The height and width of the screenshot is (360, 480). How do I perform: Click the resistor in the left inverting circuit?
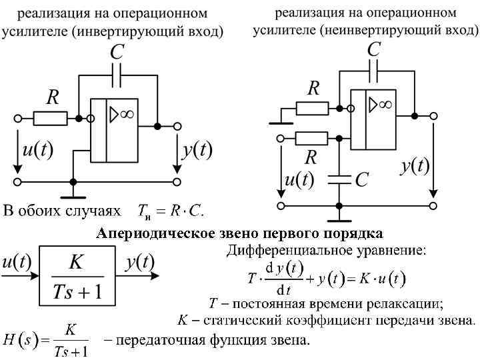coord(50,119)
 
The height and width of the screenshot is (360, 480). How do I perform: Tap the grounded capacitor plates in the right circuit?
coord(340,179)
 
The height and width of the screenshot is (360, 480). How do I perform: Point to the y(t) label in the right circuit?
coord(414,167)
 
